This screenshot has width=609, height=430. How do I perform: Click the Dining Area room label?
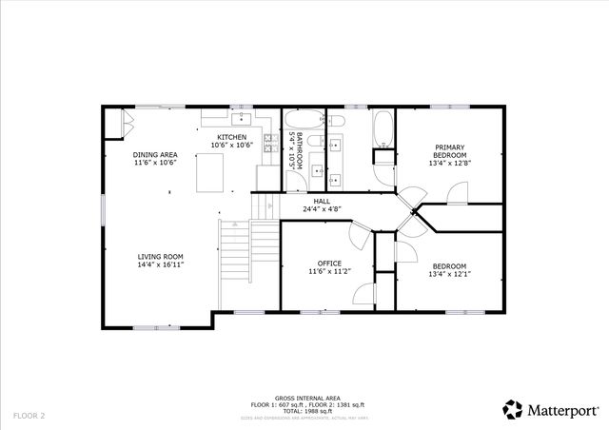155,154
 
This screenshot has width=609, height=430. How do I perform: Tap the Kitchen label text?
231,137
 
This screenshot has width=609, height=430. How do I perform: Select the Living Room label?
160,256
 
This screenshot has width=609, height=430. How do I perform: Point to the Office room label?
329,264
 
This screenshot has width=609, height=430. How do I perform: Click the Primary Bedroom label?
450,150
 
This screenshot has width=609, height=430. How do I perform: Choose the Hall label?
323,202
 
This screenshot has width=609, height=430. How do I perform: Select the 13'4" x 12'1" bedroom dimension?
450,274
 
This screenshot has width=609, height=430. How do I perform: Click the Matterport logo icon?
513,409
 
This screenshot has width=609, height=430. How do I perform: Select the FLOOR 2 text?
29,416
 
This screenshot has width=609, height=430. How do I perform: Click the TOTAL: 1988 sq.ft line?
304,411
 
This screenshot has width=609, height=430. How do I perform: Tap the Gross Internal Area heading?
304,398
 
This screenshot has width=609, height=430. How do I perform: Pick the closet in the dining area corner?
113,122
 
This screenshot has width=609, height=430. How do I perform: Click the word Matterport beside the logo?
562,410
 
